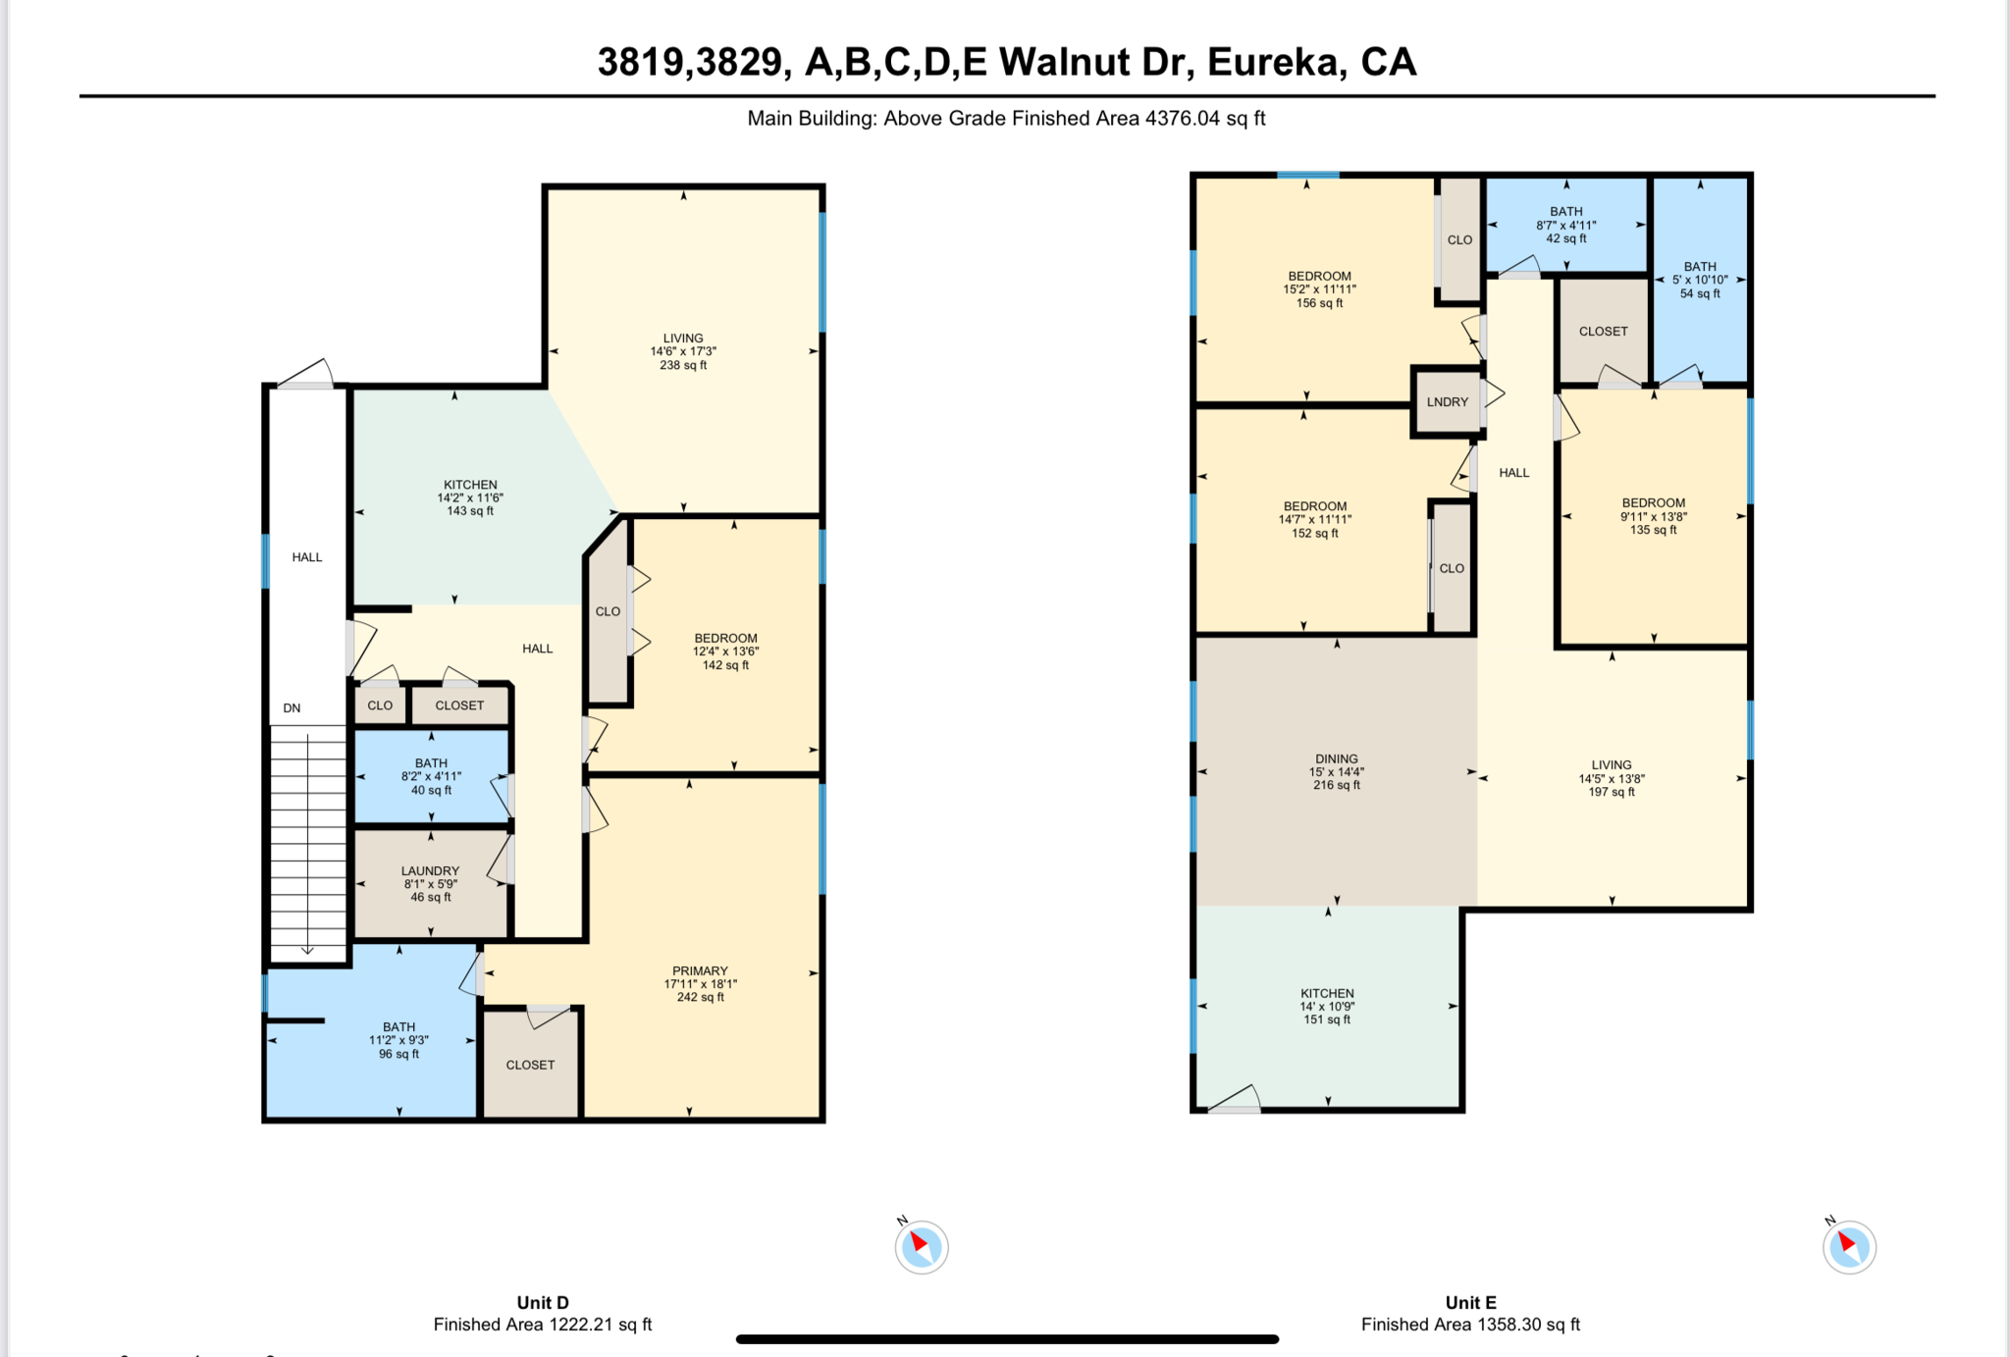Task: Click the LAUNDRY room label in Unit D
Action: click(430, 871)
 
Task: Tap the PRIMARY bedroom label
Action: click(700, 971)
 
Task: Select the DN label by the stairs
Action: click(291, 707)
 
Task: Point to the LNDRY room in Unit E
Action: click(1448, 402)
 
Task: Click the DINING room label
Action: click(1336, 759)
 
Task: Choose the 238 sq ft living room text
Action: click(683, 365)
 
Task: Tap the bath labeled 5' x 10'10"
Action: click(1700, 280)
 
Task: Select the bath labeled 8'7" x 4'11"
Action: click(1566, 225)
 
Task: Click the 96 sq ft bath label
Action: click(398, 1054)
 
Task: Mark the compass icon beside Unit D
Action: click(921, 1247)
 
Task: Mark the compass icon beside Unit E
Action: click(1849, 1247)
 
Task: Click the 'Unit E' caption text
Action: click(1470, 1302)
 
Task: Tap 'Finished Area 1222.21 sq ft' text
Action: click(543, 1325)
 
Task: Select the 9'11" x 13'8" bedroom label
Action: click(1653, 516)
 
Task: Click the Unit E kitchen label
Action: click(1327, 994)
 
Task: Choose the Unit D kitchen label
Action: click(470, 485)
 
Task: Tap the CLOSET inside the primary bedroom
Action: click(530, 1065)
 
